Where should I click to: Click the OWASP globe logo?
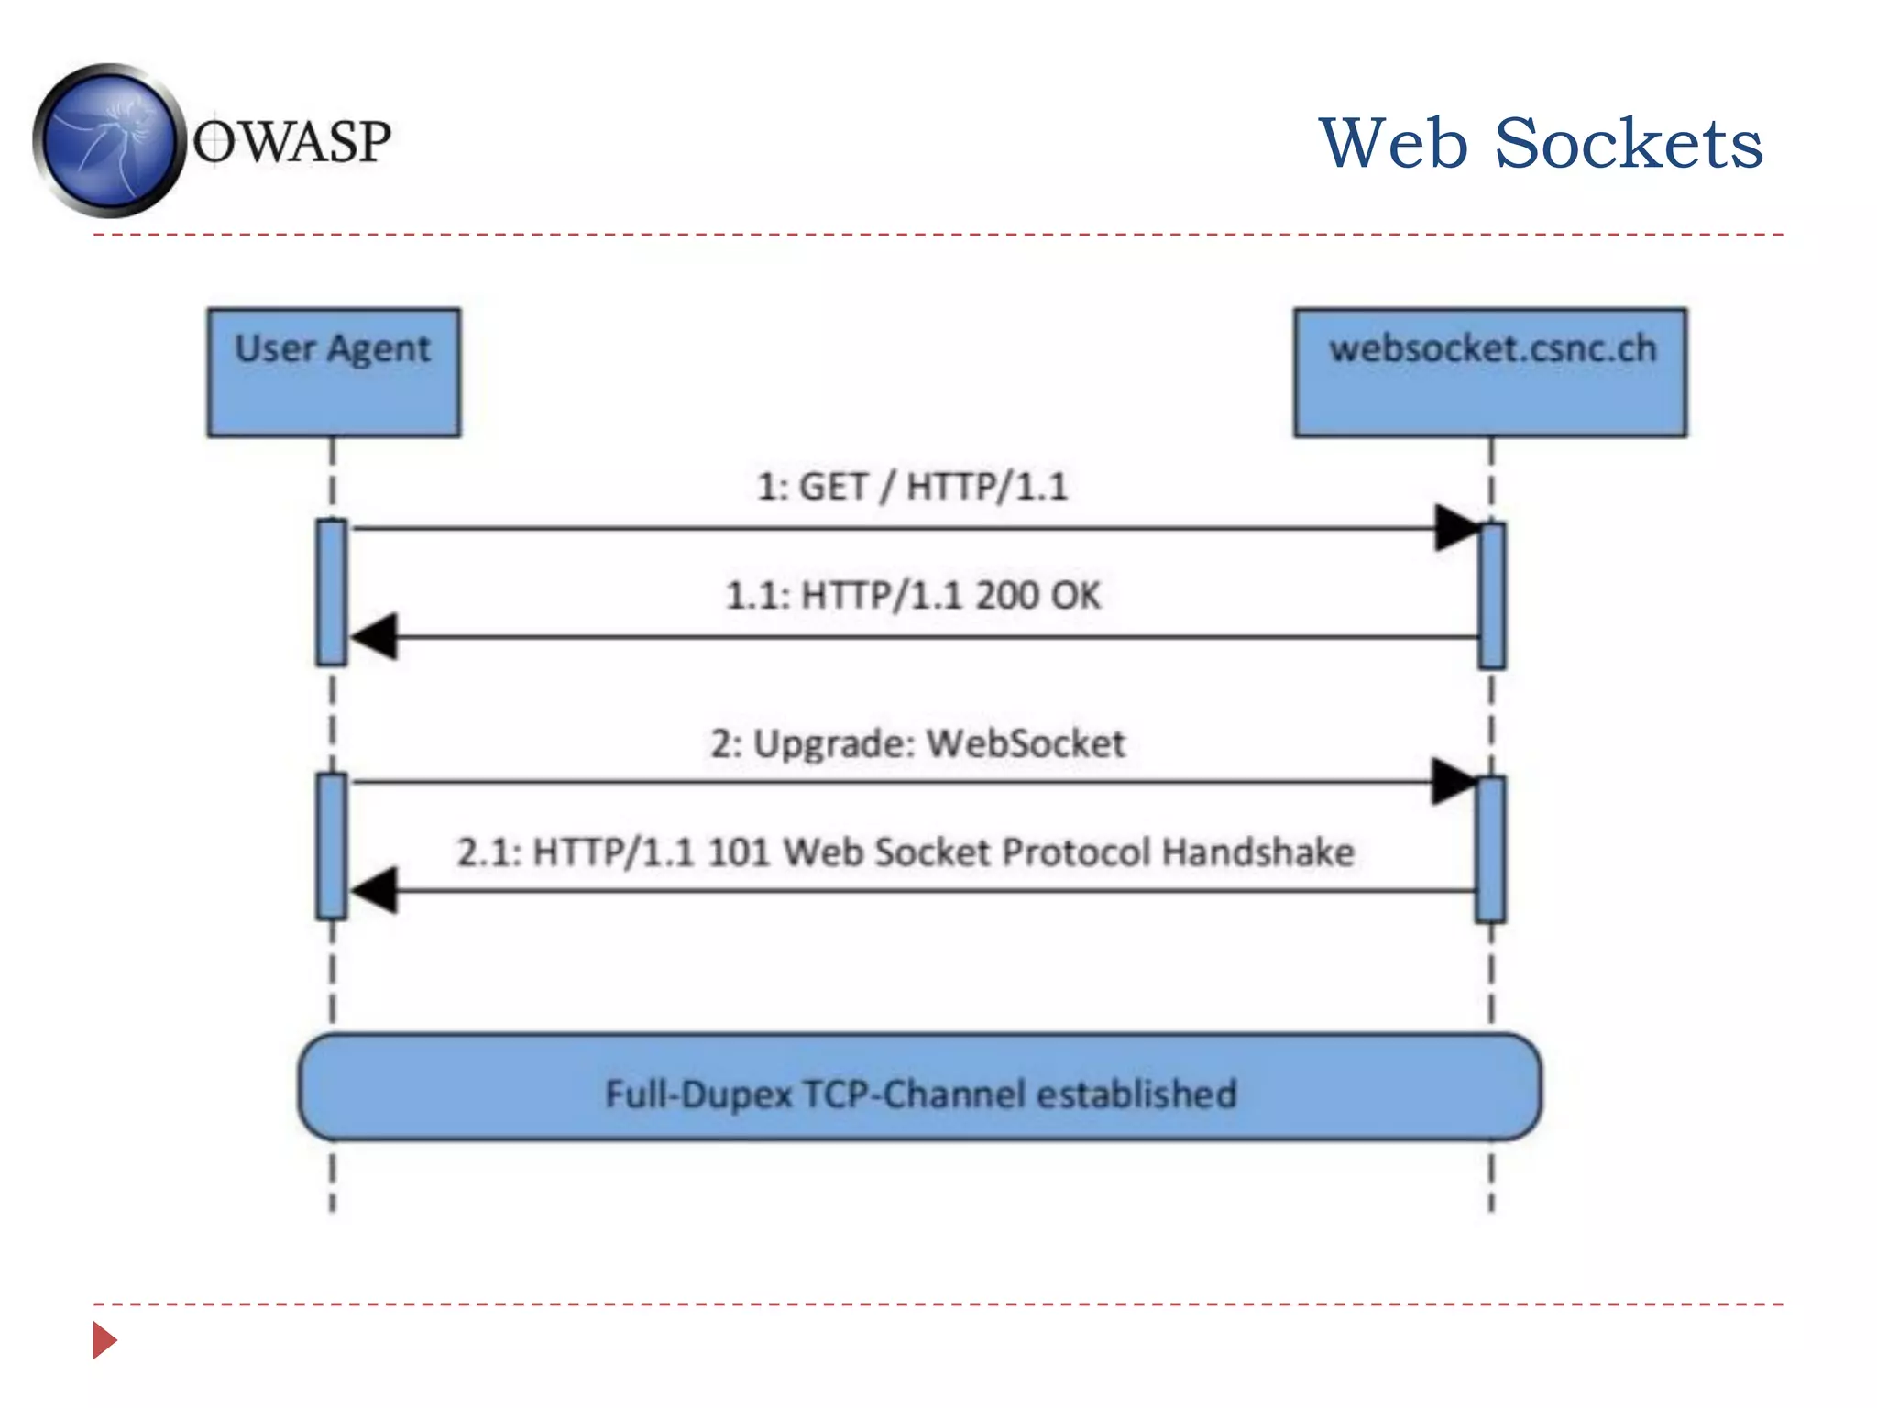coord(108,141)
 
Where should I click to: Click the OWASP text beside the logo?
coord(291,142)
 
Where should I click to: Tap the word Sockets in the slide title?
coord(1629,144)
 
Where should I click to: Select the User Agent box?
coord(334,372)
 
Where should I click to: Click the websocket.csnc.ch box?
coord(1490,372)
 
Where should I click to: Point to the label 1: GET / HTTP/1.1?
coord(912,487)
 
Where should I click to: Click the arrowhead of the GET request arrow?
coord(1457,528)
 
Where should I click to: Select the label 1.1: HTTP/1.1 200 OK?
coord(912,596)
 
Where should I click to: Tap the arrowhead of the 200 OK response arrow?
coord(375,636)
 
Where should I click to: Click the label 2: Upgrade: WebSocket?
coord(917,743)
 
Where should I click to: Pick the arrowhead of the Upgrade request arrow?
coord(1454,782)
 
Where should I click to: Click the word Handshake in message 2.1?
coord(1257,852)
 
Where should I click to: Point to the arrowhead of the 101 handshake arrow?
coord(375,890)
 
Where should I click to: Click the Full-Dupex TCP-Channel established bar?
coord(920,1088)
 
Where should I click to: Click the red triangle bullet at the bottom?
coord(104,1340)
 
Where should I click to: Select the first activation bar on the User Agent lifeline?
coord(332,592)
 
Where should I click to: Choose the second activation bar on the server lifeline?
coord(1490,849)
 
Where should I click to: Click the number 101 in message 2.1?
coord(739,852)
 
